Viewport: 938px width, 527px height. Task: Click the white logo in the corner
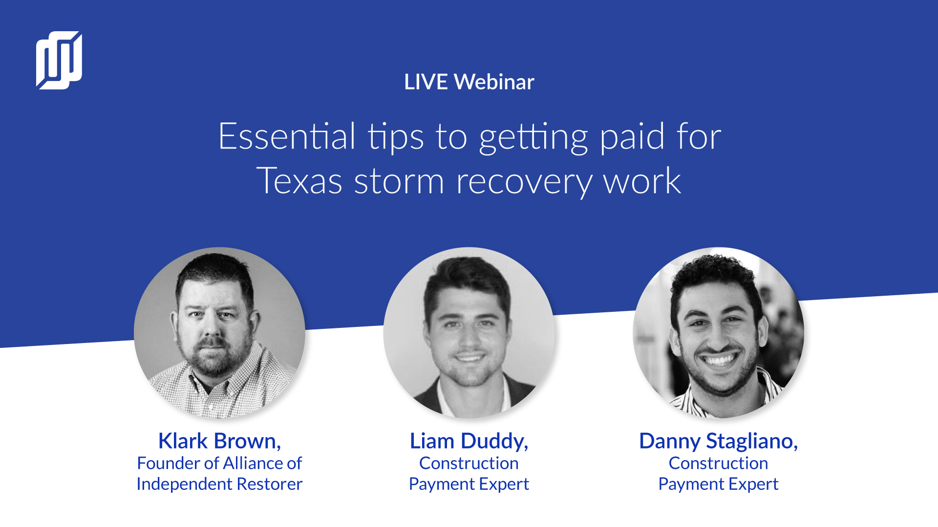coord(59,61)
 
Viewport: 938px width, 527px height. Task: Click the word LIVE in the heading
coord(426,82)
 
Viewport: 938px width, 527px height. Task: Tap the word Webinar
coord(494,82)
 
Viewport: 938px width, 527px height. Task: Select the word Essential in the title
coord(287,136)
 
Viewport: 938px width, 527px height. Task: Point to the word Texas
coord(299,181)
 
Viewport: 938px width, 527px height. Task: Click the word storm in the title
coord(399,182)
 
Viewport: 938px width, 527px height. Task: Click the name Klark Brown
coord(219,441)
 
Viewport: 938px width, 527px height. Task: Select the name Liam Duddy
coord(469,441)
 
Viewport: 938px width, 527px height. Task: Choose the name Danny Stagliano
coord(718,442)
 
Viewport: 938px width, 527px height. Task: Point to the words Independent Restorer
coord(219,484)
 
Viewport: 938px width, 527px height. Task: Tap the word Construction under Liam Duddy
coord(469,463)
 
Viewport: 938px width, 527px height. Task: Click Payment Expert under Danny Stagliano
coord(718,484)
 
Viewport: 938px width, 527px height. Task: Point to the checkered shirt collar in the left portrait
coord(215,385)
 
